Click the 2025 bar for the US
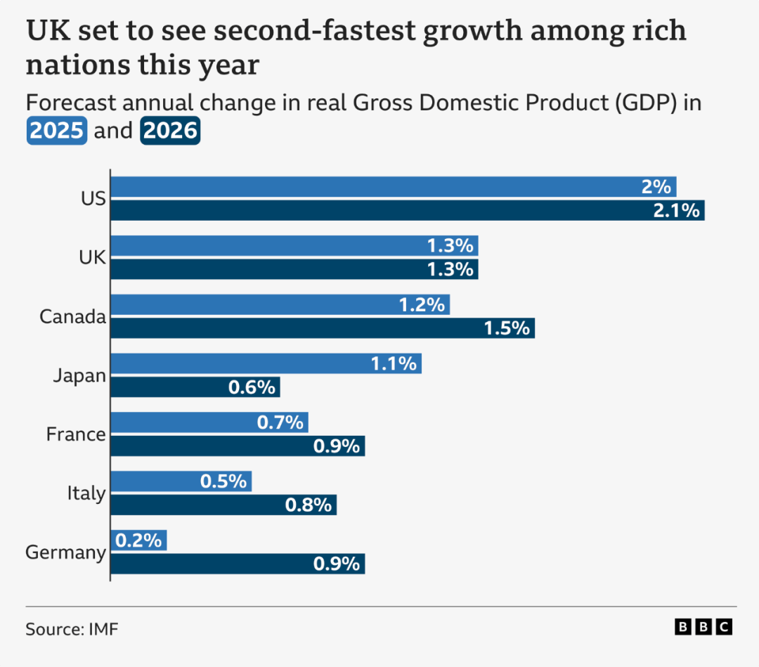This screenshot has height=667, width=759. (x=394, y=187)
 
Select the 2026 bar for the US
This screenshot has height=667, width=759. (x=408, y=210)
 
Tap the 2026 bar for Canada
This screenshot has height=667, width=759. (x=323, y=328)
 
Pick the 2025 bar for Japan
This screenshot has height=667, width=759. (x=266, y=363)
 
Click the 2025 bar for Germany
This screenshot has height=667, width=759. (x=138, y=540)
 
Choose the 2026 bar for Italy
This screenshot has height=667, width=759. (x=223, y=505)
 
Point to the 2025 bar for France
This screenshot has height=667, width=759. (x=209, y=422)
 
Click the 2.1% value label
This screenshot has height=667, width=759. (x=677, y=210)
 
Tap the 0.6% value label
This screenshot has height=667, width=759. (x=252, y=387)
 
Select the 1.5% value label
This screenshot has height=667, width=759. (x=507, y=328)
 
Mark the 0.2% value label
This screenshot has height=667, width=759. (x=138, y=540)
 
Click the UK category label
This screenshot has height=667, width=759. (x=92, y=257)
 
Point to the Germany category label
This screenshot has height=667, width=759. (x=65, y=552)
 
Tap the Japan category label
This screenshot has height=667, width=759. (x=79, y=375)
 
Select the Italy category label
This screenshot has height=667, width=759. (x=86, y=493)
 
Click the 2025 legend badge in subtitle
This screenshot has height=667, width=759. (x=57, y=131)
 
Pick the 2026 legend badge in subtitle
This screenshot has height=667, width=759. (x=170, y=131)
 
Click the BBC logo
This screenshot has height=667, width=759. (x=703, y=627)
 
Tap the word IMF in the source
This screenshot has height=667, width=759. (x=103, y=628)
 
